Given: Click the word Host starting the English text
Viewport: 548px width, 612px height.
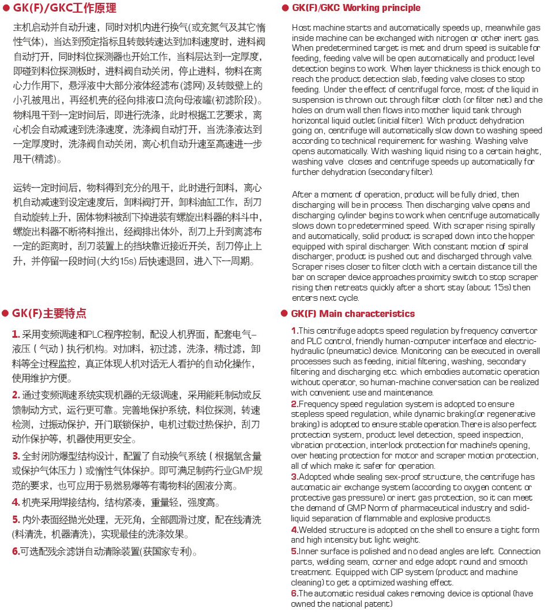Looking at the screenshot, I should pos(301,28).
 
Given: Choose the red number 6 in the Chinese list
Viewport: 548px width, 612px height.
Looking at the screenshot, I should pos(16,551).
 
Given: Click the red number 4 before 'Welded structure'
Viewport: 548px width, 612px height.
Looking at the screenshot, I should pos(294,529).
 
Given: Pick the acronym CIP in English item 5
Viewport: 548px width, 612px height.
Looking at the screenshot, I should pos(358,572).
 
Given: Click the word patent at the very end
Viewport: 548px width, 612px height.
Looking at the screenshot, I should pos(378,604).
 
